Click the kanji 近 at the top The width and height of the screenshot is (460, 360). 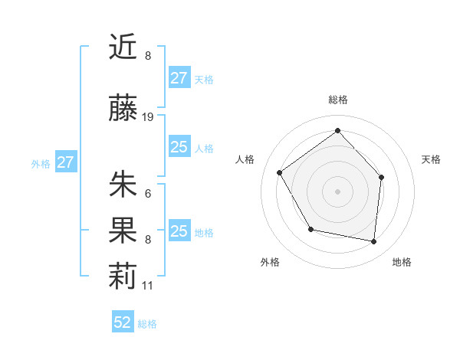[123, 47]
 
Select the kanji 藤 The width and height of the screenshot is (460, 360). [123, 110]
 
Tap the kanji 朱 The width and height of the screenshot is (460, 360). [123, 185]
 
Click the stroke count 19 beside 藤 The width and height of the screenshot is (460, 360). [148, 117]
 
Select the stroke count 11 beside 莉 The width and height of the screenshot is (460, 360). [148, 286]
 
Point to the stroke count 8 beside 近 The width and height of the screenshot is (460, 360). [148, 56]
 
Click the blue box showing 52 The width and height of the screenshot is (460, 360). [123, 322]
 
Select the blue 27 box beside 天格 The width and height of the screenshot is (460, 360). [179, 78]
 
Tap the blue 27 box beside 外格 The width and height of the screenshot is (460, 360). [66, 162]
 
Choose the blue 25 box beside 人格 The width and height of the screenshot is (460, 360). [179, 147]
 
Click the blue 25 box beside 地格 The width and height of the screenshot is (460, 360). [179, 231]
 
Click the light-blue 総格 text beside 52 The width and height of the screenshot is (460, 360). [148, 324]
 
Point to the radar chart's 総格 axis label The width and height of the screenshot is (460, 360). [337, 100]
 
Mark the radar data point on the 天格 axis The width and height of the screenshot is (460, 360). [382, 177]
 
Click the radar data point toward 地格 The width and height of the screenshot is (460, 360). [373, 241]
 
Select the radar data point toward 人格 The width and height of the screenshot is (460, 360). [280, 173]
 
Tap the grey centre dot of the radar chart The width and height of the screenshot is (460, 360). [337, 191]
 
